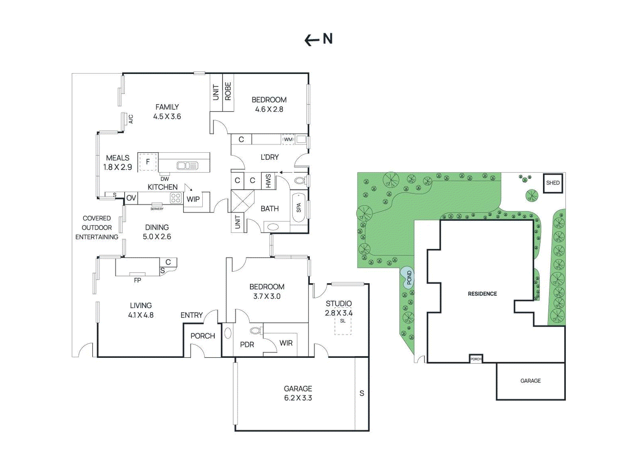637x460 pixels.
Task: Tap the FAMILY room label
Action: coord(167,107)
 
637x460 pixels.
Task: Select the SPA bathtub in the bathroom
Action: coord(299,208)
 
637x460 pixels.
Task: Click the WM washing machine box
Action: coord(288,140)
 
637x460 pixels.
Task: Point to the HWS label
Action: coord(268,181)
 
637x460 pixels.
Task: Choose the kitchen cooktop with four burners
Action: coord(176,198)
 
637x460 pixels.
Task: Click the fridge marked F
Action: coord(148,162)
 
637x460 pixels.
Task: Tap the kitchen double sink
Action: coord(187,165)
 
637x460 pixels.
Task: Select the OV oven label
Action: coord(131,198)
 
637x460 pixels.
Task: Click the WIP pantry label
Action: coord(193,199)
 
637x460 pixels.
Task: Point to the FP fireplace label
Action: coord(137,280)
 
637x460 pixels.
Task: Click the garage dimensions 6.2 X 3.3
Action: coord(298,398)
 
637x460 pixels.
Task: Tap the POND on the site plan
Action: coord(408,277)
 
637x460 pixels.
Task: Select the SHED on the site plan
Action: coord(553,183)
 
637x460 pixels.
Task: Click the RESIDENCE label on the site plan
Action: coord(482,294)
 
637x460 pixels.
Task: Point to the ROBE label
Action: coord(228,91)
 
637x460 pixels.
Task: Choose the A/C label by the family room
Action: coord(131,118)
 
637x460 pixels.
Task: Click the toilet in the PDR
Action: coord(255,330)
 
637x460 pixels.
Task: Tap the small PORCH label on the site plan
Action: coord(476,359)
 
